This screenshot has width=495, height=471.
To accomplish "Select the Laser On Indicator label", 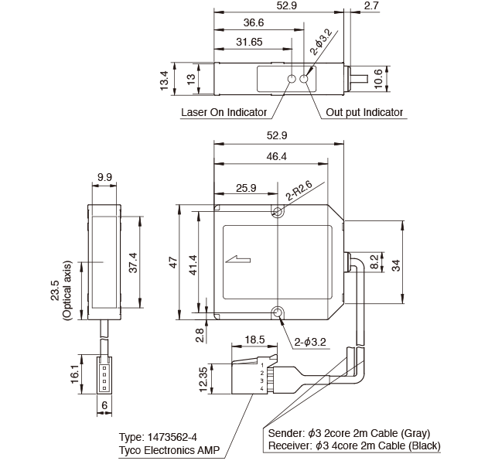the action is (224, 113).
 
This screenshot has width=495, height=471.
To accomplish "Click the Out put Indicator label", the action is (364, 113).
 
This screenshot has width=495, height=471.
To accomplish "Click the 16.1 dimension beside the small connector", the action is (76, 374).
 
